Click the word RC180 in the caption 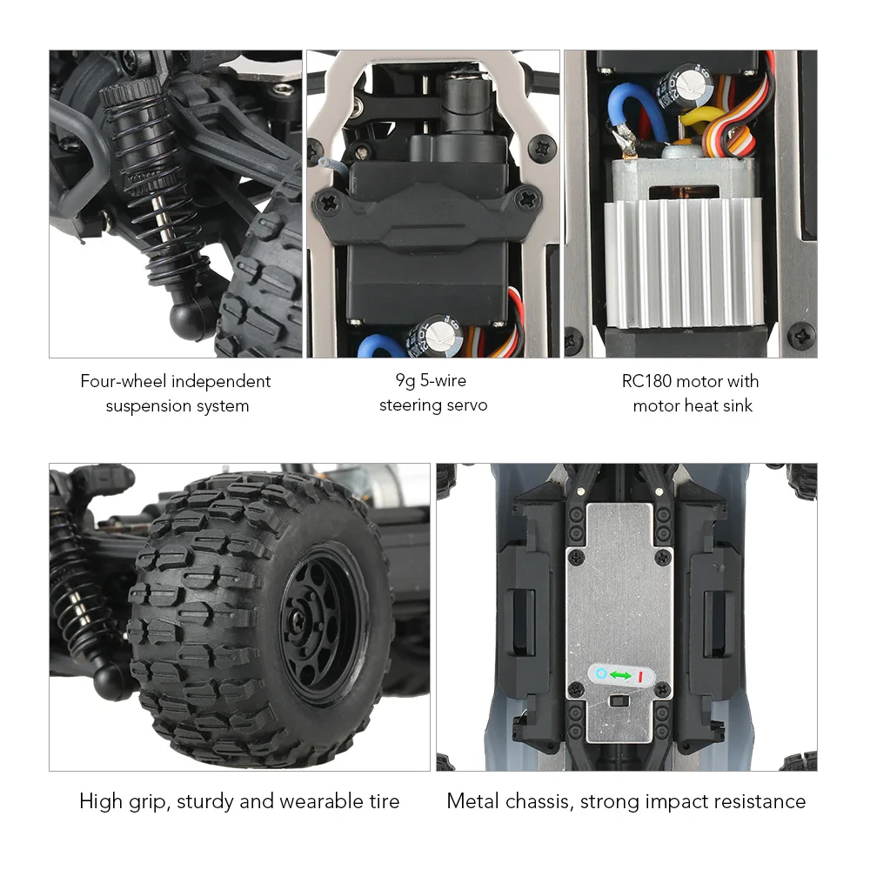pos(650,381)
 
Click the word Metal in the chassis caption pos(474,801)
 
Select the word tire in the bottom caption pos(383,801)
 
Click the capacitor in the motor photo pos(678,87)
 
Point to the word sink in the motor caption pos(736,405)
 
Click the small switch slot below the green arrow pos(619,700)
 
